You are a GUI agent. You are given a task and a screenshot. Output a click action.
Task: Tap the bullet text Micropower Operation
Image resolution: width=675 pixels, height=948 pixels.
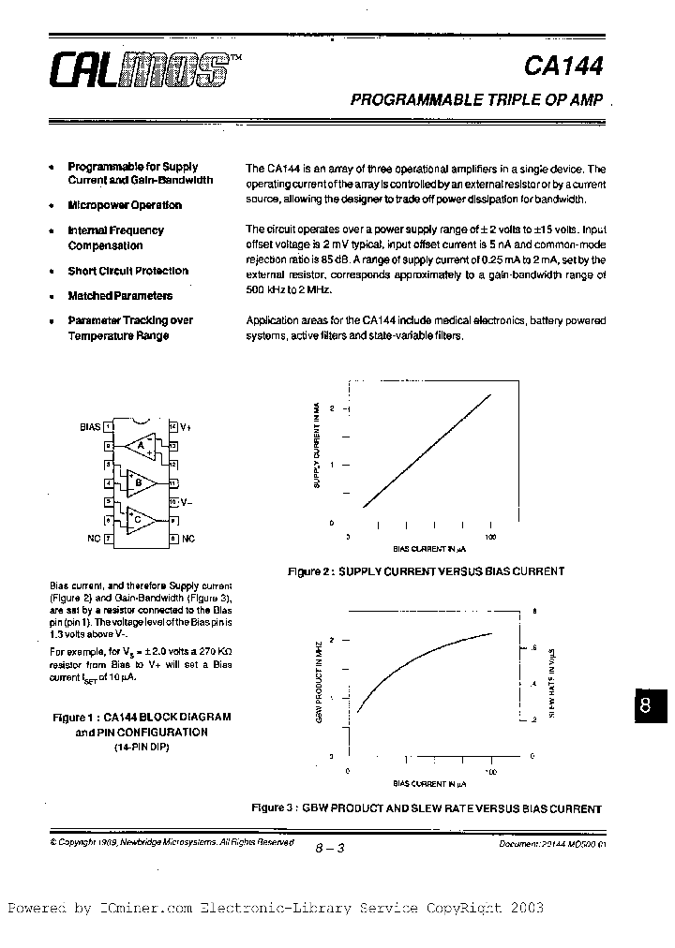(125, 205)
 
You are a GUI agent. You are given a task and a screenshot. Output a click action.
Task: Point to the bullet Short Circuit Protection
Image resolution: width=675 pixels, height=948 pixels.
(127, 271)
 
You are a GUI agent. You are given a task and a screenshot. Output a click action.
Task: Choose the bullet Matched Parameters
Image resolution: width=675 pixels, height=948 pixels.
(120, 295)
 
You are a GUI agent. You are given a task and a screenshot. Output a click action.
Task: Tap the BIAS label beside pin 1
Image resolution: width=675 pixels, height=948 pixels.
(90, 426)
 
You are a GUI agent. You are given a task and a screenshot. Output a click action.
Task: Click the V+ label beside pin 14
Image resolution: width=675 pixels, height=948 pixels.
(186, 426)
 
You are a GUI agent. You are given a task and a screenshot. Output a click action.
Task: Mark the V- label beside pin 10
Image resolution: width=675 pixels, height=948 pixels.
(187, 501)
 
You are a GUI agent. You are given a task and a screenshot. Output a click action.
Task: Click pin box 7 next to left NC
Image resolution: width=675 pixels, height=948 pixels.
(109, 539)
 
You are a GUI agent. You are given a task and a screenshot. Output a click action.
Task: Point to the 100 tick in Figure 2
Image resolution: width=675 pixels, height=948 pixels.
(490, 537)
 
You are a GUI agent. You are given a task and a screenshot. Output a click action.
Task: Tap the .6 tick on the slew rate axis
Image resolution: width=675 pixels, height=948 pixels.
(534, 647)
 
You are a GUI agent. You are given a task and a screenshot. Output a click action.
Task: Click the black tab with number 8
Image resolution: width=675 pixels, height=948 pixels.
(645, 707)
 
